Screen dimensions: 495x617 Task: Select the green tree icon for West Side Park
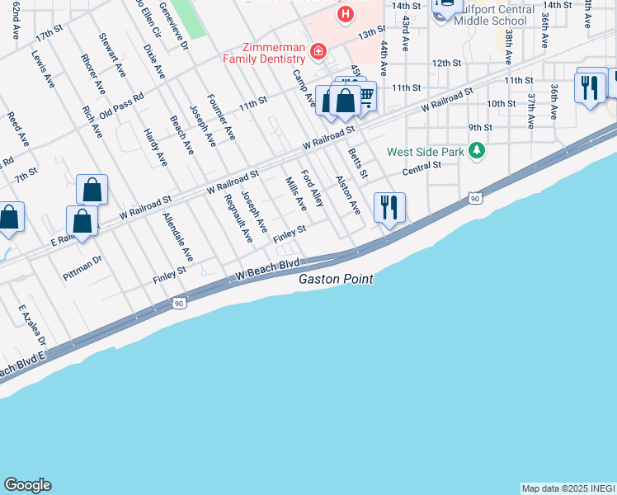tap(476, 150)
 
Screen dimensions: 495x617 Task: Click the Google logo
tap(27, 485)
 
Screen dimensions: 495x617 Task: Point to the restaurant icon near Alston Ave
tap(389, 207)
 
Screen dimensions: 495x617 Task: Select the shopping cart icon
tap(365, 98)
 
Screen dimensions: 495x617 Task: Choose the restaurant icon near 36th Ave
tap(589, 87)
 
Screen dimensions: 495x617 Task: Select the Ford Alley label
tap(313, 189)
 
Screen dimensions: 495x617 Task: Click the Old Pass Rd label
tap(121, 104)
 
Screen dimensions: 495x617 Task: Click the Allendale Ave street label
tap(178, 237)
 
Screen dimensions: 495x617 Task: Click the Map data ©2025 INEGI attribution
tap(568, 488)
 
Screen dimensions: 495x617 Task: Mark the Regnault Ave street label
tap(235, 219)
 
